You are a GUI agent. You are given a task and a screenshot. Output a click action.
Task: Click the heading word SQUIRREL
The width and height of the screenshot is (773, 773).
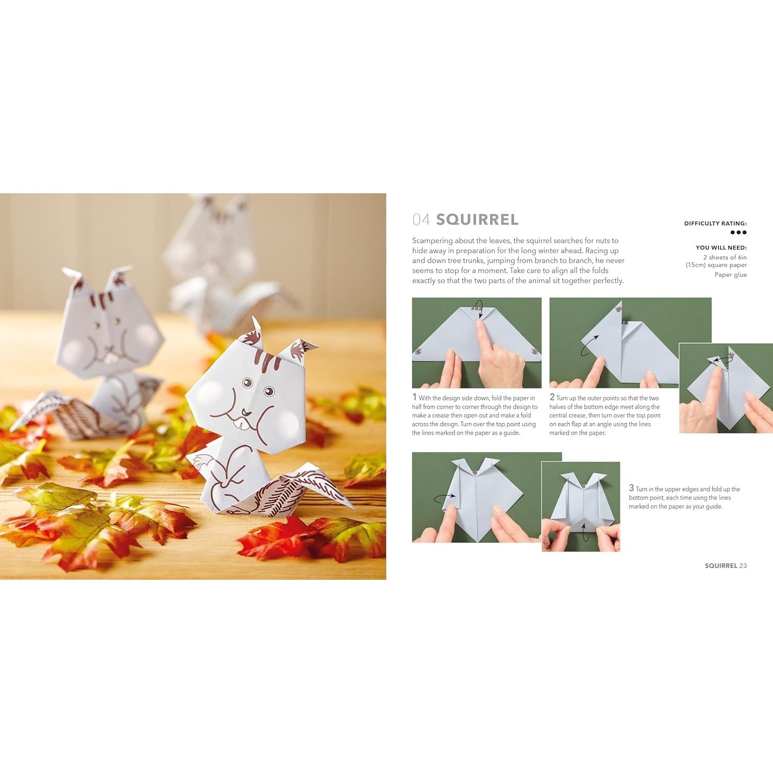477,220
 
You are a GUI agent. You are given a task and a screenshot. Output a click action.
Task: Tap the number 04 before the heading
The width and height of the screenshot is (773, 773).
421,220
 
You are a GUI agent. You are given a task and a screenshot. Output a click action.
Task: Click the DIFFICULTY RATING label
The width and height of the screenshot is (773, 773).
715,224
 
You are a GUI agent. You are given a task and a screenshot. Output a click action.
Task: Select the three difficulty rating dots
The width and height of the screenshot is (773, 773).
738,232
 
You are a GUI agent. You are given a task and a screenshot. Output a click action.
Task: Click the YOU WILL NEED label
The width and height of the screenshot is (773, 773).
721,248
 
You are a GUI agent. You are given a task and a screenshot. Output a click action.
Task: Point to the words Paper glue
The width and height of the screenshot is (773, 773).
730,275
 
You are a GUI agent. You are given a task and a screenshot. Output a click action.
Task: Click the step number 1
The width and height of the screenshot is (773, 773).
414,397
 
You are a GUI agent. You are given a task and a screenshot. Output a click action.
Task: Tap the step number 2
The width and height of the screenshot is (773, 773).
552,397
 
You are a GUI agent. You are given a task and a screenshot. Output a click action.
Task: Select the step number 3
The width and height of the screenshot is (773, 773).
631,488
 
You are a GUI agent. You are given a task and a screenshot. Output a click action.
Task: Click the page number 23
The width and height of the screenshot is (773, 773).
743,566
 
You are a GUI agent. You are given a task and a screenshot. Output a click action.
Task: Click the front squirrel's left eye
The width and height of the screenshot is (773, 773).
247,383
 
